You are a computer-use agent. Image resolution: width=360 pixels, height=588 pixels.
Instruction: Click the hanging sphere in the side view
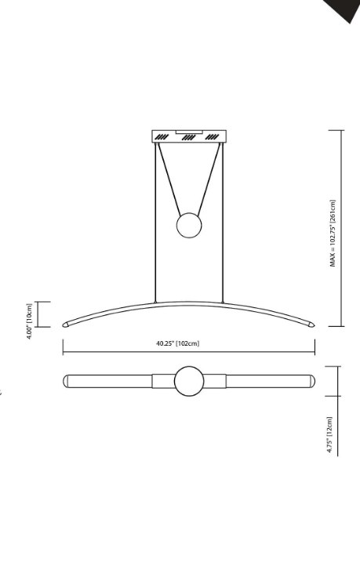click(x=188, y=226)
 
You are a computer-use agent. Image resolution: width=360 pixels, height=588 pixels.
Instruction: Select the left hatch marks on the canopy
click(x=162, y=137)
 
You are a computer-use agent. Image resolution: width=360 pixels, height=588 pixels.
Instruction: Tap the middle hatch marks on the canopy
click(x=188, y=137)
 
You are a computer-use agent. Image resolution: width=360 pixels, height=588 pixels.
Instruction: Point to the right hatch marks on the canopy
click(x=213, y=137)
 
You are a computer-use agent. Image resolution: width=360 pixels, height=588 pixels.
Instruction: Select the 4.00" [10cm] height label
click(x=30, y=314)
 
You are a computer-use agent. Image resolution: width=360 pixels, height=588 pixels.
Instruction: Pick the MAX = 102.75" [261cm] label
click(x=333, y=234)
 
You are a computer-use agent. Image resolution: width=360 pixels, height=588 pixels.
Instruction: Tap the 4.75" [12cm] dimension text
click(x=330, y=436)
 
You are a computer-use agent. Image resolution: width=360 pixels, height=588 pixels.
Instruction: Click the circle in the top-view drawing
click(x=188, y=382)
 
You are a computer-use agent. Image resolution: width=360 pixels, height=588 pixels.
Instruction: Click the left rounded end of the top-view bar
click(x=67, y=382)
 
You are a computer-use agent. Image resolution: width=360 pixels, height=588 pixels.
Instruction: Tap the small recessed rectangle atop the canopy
click(x=188, y=130)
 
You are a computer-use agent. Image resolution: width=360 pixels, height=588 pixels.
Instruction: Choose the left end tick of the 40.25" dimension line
click(x=63, y=346)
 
